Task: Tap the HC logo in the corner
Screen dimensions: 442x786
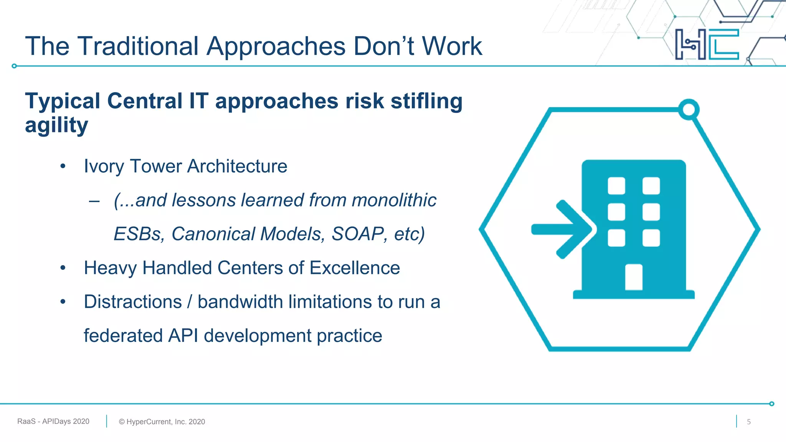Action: (x=707, y=44)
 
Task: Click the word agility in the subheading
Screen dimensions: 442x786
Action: (x=56, y=125)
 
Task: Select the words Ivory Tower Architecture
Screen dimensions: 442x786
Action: (x=185, y=167)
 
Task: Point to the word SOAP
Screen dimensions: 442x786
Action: (x=358, y=234)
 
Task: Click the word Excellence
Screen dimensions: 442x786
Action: (x=355, y=268)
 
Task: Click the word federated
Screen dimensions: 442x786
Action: (x=123, y=336)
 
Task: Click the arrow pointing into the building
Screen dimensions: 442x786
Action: (x=562, y=229)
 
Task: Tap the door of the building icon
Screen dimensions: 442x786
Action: (x=634, y=277)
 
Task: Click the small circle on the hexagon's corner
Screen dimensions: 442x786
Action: (x=689, y=110)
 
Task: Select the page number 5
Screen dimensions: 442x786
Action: (x=748, y=422)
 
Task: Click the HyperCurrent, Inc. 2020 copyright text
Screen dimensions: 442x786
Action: (x=162, y=422)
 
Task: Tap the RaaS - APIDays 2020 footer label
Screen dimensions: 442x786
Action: (x=53, y=421)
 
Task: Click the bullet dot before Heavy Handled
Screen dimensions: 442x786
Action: (x=63, y=268)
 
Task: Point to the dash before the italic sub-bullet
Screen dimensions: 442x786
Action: (x=94, y=201)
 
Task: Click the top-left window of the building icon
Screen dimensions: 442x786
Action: (x=616, y=186)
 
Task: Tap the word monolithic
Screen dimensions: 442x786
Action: (x=394, y=200)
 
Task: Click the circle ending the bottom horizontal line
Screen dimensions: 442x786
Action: (x=772, y=404)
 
